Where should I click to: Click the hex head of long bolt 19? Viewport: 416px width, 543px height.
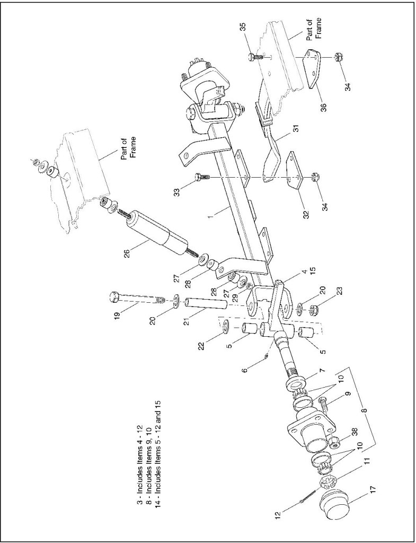pos(114,296)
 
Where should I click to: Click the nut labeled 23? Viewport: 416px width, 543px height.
pos(310,309)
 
